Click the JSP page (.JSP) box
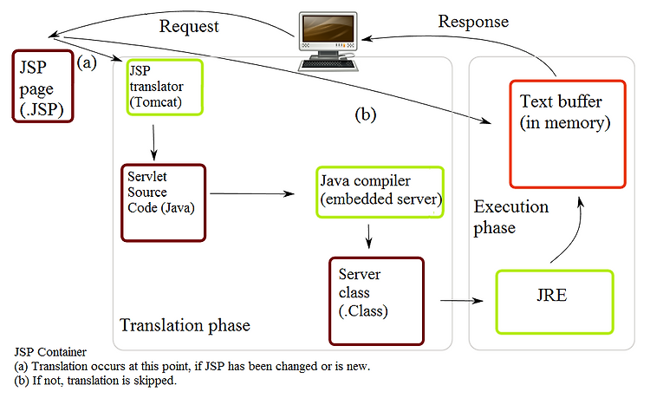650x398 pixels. click(42, 86)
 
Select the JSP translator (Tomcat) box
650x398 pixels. click(165, 87)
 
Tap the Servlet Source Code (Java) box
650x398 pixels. click(163, 203)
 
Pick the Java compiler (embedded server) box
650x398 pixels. click(380, 192)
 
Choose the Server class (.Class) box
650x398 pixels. click(376, 301)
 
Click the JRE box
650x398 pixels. click(555, 302)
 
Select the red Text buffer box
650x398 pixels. click(568, 134)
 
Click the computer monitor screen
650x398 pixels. click(328, 29)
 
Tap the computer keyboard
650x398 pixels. click(328, 64)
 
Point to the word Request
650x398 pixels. click(189, 27)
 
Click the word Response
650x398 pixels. click(473, 22)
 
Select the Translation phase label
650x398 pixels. click(185, 325)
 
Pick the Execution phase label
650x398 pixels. click(511, 217)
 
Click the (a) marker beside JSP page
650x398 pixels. click(87, 62)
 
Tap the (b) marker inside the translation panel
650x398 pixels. click(365, 114)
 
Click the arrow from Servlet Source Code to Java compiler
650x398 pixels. click(252, 193)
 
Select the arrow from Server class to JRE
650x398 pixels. click(462, 300)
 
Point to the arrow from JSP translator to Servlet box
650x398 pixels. click(153, 142)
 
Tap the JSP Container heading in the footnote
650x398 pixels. click(50, 352)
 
